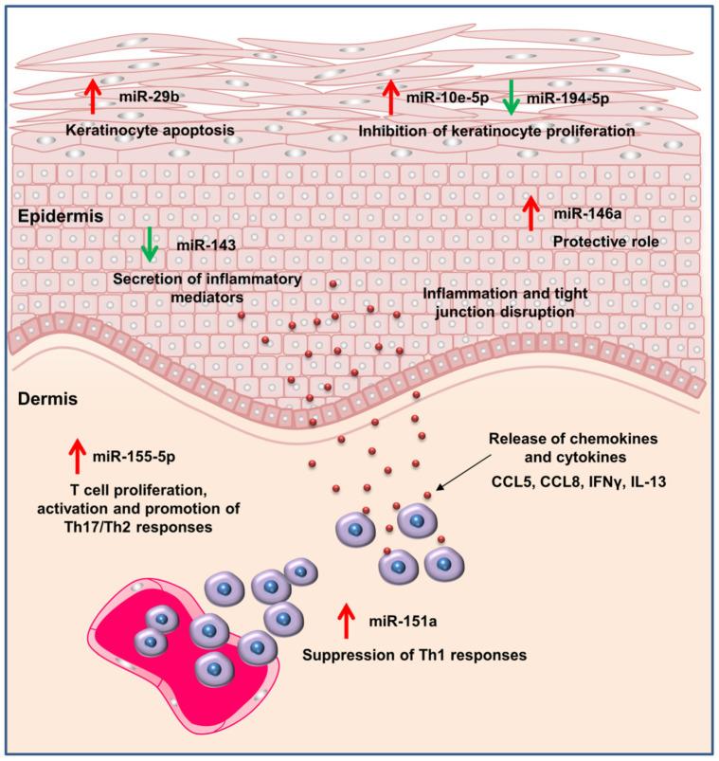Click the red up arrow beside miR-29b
coord(92,98)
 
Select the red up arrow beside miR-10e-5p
coord(389,98)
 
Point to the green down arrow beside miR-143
coord(149,245)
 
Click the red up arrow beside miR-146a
coord(531,213)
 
